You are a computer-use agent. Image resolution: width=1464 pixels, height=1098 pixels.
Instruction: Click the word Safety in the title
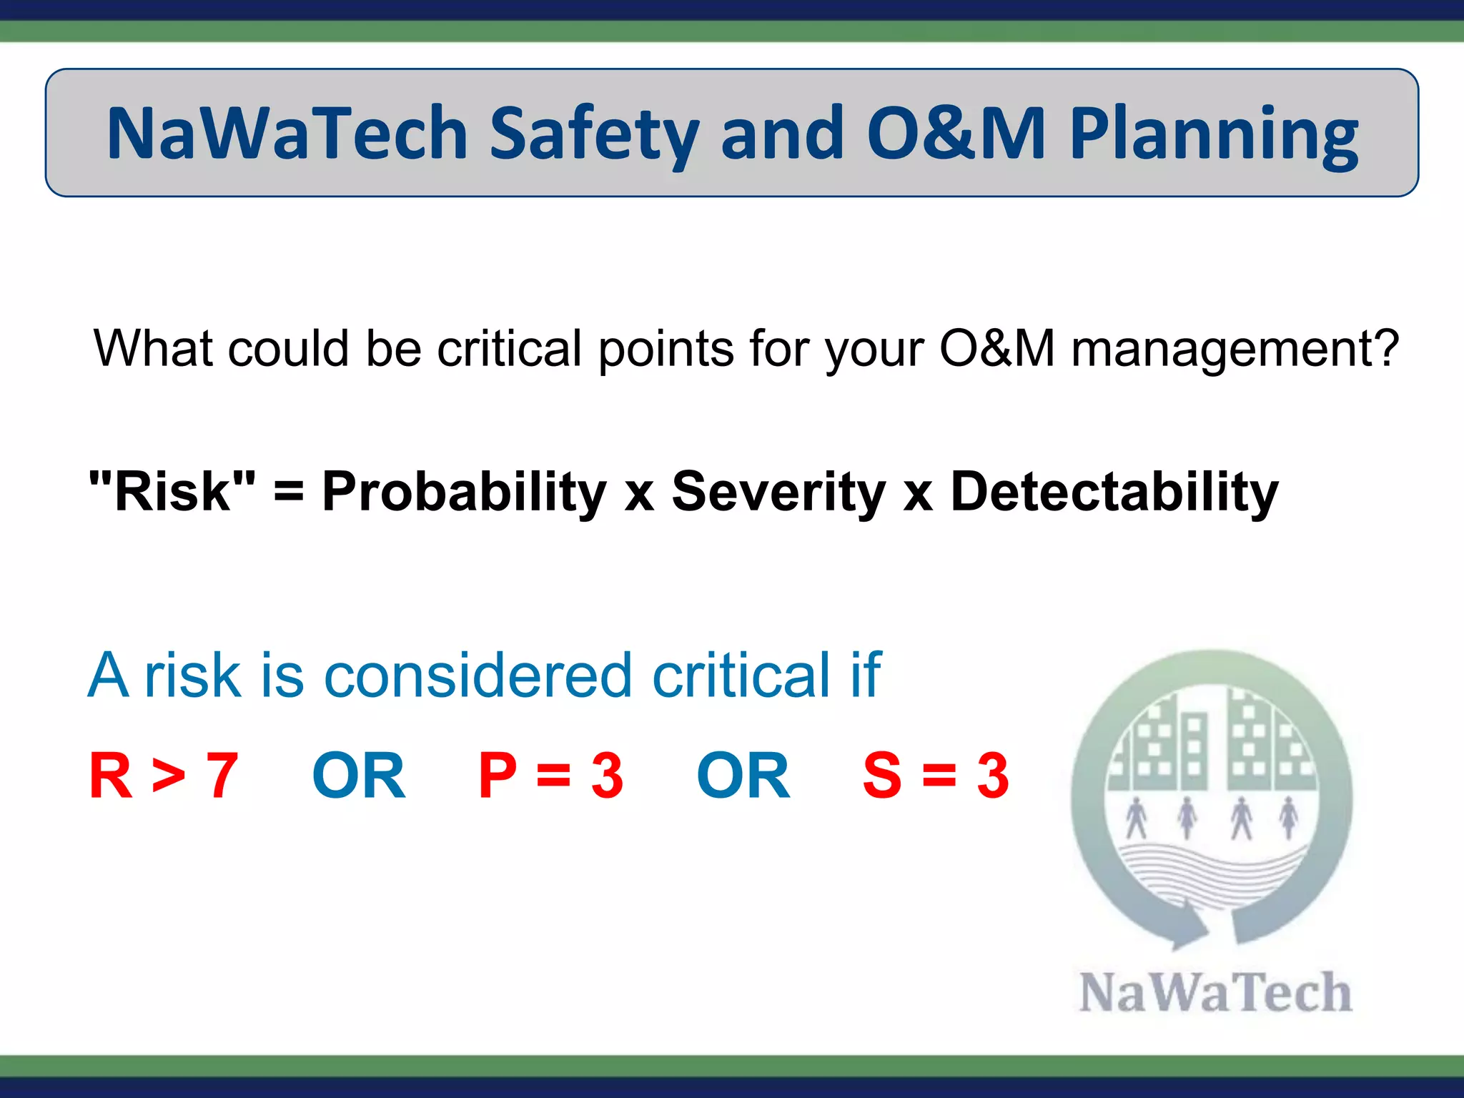pos(593,134)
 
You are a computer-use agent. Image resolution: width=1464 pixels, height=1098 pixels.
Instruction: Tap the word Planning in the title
pos(1213,134)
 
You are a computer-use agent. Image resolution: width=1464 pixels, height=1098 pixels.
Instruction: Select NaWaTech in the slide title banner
pos(287,134)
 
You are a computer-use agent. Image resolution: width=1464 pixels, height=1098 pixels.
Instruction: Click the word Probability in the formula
pos(464,492)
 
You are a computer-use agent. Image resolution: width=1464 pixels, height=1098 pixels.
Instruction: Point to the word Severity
pos(778,492)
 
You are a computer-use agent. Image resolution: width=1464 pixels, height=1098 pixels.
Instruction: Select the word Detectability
pos(1114,492)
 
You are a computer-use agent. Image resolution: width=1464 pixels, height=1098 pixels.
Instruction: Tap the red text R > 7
pos(163,776)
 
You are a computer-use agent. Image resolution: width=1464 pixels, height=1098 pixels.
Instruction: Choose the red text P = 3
pos(550,776)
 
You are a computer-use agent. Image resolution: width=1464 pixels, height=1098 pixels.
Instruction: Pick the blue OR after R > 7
pos(359,776)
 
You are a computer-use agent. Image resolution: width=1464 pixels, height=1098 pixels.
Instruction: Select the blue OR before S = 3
pos(743,776)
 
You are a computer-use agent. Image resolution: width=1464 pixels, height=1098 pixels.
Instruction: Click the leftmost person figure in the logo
pos(1136,818)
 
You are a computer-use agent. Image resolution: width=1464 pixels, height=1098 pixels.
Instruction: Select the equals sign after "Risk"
pos(289,492)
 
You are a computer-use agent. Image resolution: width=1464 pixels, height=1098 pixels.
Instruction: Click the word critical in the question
pos(509,349)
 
